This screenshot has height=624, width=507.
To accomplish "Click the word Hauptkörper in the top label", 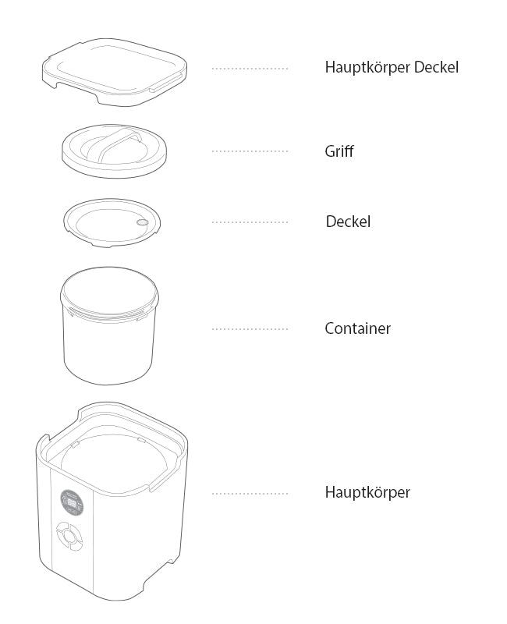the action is click(367, 67).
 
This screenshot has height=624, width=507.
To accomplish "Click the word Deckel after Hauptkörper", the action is click(436, 67).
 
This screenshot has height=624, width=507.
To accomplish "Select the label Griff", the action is click(339, 151).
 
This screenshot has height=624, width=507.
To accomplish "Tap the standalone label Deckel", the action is click(348, 222).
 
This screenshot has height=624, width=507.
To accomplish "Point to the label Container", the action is click(358, 328).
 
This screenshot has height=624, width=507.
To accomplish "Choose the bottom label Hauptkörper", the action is click(367, 492).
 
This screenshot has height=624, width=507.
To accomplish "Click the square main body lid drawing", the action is click(115, 72).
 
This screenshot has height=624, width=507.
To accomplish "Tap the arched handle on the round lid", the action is click(114, 144).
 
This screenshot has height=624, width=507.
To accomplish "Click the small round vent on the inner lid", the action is click(142, 222).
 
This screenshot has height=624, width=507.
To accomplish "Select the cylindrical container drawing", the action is click(109, 325).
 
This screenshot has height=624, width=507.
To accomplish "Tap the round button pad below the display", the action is click(69, 537).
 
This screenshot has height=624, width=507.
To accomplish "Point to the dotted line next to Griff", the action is click(250, 151).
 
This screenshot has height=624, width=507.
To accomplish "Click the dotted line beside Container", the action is click(250, 329).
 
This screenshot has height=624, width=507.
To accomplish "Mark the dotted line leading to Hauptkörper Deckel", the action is click(250, 69).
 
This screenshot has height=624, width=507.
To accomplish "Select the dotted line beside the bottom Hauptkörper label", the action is click(250, 494).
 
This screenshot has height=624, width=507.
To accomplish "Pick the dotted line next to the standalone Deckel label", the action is click(250, 222).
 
